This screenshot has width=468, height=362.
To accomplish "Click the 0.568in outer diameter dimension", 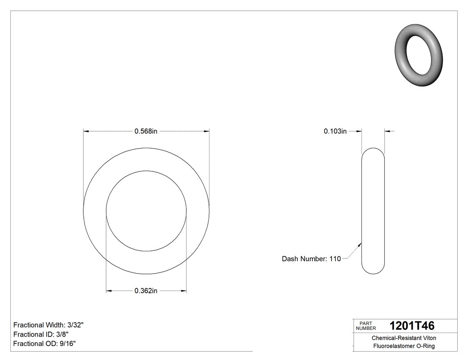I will point(146,131).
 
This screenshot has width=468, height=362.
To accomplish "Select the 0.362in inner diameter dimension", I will point(146,291).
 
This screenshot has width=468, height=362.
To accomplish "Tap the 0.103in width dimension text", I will point(335,131).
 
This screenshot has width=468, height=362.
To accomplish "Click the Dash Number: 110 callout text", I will point(311,259).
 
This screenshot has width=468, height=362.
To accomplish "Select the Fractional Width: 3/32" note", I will point(49,325).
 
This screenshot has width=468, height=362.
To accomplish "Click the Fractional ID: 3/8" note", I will point(41,334).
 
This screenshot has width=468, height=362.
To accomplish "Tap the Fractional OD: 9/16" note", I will point(45,344).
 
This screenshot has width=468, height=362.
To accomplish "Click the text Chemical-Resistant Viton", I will point(404,338).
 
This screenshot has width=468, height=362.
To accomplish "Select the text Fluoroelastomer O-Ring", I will point(404,346).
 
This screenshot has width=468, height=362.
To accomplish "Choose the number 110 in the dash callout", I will point(335,259).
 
